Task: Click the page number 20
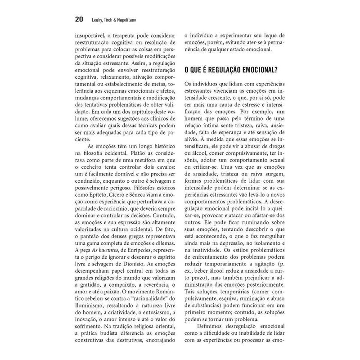click(x=79, y=19)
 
